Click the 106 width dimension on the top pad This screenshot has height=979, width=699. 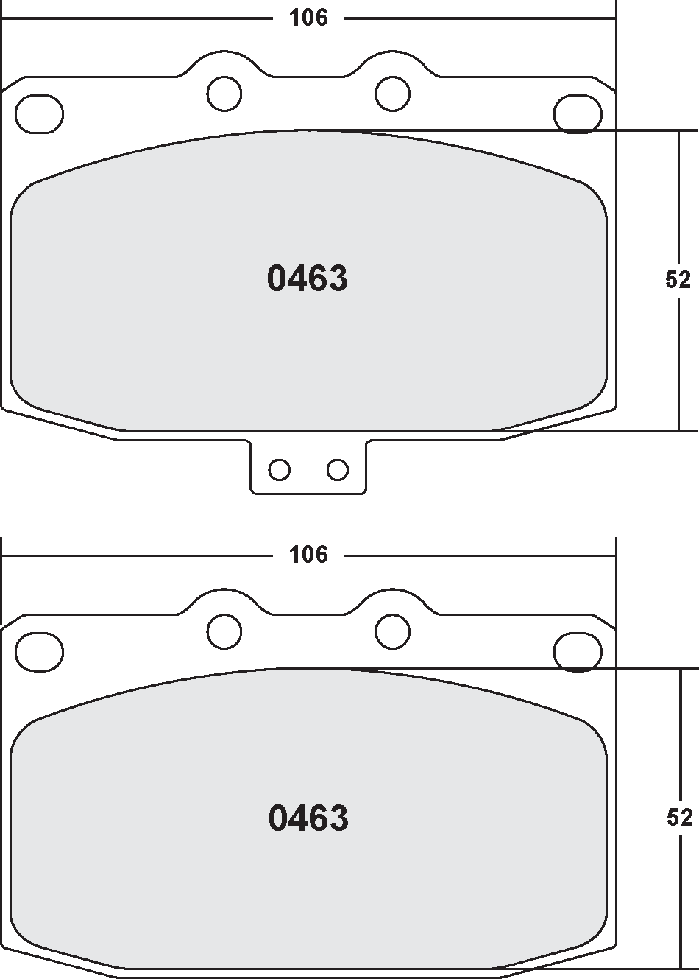coord(308,18)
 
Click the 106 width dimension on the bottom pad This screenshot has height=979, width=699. coord(308,555)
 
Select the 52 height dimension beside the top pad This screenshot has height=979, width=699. coord(678,280)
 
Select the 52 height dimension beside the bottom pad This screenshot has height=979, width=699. coord(678,817)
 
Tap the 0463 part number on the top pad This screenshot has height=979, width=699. coord(307,279)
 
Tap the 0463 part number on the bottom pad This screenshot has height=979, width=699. coord(308,818)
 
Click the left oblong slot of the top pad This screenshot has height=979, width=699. coord(39,115)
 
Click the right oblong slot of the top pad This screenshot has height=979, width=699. coord(578,115)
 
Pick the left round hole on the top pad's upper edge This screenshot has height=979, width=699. coord(224,93)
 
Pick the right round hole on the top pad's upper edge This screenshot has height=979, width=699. coord(392,93)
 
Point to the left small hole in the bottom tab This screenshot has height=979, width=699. coord(279,469)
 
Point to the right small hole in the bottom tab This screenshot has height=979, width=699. coord(338,469)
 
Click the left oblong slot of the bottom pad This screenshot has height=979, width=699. coord(39,653)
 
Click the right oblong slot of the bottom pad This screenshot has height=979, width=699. coord(578,653)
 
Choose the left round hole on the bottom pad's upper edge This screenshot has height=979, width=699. coord(224,631)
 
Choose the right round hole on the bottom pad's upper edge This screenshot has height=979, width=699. coord(392,631)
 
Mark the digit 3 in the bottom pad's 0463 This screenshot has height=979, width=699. coord(338,818)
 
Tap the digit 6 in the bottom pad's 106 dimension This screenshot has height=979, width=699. coord(320,555)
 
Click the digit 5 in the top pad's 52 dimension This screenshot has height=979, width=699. coord(671,280)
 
